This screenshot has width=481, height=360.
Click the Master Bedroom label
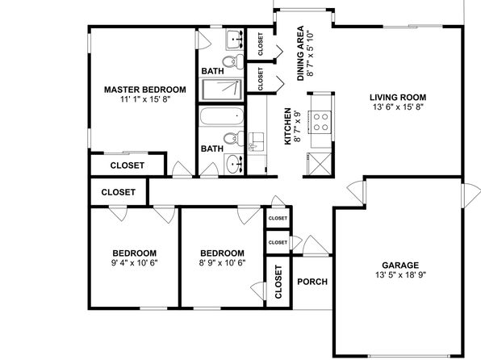[x=144, y=90]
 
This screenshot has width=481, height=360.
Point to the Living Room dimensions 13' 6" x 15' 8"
[x=398, y=107]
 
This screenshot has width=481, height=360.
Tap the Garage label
[x=400, y=266]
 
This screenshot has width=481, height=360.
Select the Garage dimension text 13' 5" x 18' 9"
[x=400, y=275]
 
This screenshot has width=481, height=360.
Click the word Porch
[x=312, y=282]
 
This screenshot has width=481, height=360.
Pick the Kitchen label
[x=287, y=126]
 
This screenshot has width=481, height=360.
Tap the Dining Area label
[x=300, y=53]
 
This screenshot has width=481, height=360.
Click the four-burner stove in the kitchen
[x=320, y=122]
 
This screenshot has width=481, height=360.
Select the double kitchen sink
[x=256, y=141]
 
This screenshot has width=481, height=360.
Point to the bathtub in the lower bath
[x=221, y=116]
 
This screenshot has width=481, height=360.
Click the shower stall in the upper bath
[x=222, y=90]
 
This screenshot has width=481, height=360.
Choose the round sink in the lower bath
[x=234, y=164]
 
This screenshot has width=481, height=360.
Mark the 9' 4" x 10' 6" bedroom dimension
[x=134, y=262]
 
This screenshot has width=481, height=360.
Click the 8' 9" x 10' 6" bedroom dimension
[x=222, y=262]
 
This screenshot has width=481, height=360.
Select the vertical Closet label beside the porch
[x=278, y=282]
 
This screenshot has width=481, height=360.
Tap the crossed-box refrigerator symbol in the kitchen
[x=320, y=164]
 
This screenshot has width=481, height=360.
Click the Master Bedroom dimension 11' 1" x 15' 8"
[x=145, y=99]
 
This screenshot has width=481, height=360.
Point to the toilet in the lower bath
[x=234, y=139]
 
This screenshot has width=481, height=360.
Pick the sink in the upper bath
[x=235, y=40]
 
